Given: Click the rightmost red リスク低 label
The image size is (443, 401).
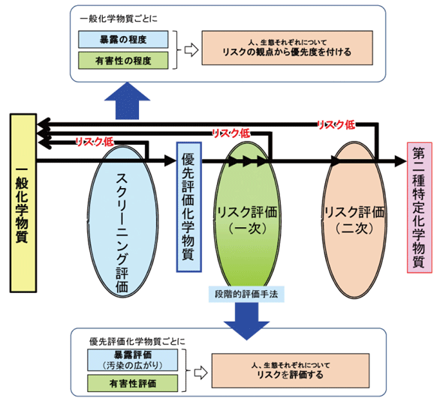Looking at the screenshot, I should pos(335,124).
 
